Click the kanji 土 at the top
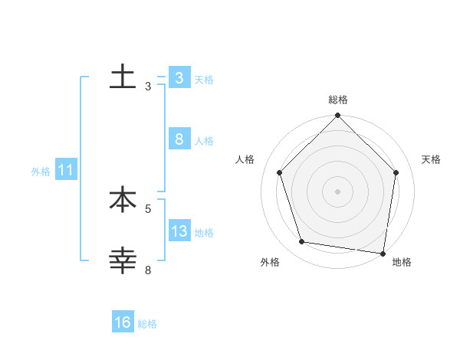[123, 77]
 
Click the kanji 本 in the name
[123, 200]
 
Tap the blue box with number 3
[179, 78]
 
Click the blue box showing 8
[179, 139]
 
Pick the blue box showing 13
[179, 231]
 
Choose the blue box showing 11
[65, 171]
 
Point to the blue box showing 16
[123, 322]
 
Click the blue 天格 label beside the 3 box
[204, 79]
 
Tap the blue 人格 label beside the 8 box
[204, 141]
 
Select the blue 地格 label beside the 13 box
[204, 232]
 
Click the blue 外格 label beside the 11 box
[41, 172]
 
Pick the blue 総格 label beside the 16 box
[147, 324]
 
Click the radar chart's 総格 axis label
[338, 100]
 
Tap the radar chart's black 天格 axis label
[432, 159]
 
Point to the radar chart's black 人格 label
[245, 159]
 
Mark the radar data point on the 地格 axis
[382, 253]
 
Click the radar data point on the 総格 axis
[338, 116]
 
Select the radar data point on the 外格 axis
[302, 242]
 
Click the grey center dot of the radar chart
[338, 191]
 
